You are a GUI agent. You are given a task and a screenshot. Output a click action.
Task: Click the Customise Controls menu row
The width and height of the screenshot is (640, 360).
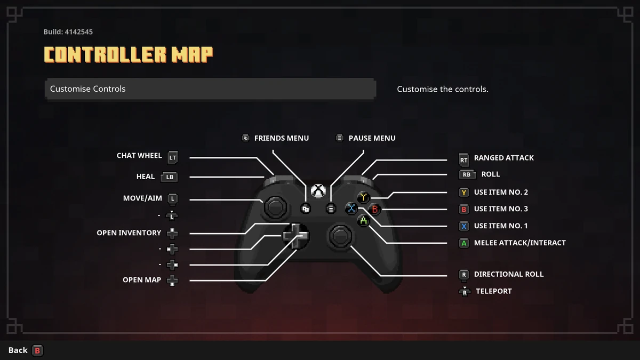[210, 89]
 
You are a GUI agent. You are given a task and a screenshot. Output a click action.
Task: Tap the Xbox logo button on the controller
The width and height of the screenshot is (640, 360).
[318, 190]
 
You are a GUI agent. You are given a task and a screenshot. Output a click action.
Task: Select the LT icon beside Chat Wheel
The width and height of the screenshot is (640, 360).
[172, 157]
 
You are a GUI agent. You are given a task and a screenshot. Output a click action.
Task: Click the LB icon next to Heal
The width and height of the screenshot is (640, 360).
[169, 177]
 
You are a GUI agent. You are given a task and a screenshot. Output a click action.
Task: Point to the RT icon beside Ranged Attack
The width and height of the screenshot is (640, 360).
[463, 159]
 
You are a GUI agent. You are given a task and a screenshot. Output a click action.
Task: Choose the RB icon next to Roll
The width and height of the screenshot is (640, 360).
[467, 174]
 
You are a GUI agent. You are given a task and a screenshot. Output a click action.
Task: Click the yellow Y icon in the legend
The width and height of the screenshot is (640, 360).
[463, 193]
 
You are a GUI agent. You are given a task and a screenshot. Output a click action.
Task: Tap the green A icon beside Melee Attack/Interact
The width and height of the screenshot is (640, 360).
[463, 243]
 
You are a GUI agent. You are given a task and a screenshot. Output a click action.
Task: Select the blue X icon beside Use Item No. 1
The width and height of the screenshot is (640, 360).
[463, 226]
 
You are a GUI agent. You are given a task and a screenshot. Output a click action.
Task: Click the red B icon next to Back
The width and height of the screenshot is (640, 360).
[37, 350]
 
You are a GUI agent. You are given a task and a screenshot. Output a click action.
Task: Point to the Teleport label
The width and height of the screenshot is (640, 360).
[493, 291]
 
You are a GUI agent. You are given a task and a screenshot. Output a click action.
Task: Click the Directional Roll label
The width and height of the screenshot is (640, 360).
[508, 274]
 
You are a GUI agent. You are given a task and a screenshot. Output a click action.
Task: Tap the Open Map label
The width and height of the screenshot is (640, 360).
[142, 280]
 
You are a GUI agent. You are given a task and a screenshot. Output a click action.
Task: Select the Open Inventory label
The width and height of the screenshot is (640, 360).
[129, 233]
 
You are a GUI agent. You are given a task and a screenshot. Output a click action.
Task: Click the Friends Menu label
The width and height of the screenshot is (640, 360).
[281, 138]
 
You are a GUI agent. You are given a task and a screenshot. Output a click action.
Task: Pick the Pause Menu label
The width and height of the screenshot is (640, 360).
[372, 138]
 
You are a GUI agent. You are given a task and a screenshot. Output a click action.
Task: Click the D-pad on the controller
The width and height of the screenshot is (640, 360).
[295, 235]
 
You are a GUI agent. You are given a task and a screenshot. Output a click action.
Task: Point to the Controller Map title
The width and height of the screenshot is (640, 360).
[128, 54]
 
